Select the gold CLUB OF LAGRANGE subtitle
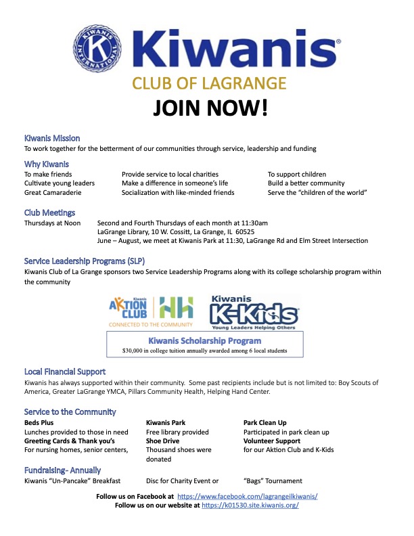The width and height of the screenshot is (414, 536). (209, 83)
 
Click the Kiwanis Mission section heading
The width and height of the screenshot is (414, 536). (52, 138)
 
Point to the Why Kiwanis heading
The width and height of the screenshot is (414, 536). (47, 164)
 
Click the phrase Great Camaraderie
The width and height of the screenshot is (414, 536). (53, 193)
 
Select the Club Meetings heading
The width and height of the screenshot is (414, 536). (49, 213)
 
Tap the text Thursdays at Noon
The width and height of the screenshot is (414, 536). (53, 222)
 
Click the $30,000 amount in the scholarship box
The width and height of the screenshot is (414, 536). (138, 351)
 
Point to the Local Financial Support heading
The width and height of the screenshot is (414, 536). (65, 372)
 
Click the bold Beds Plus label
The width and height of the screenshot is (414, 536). (40, 423)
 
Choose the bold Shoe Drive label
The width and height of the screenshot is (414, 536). (164, 441)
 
